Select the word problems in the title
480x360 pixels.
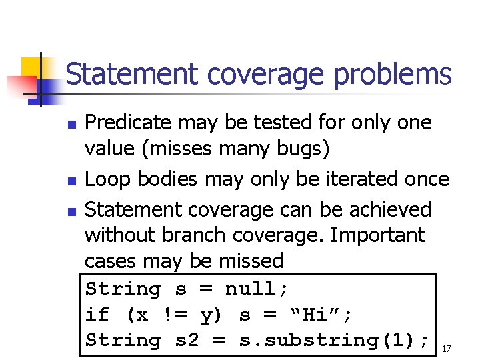click(393, 75)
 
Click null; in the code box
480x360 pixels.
click(257, 290)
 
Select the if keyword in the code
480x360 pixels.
click(99, 315)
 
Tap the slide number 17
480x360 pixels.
click(447, 348)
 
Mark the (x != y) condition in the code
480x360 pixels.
click(175, 315)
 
